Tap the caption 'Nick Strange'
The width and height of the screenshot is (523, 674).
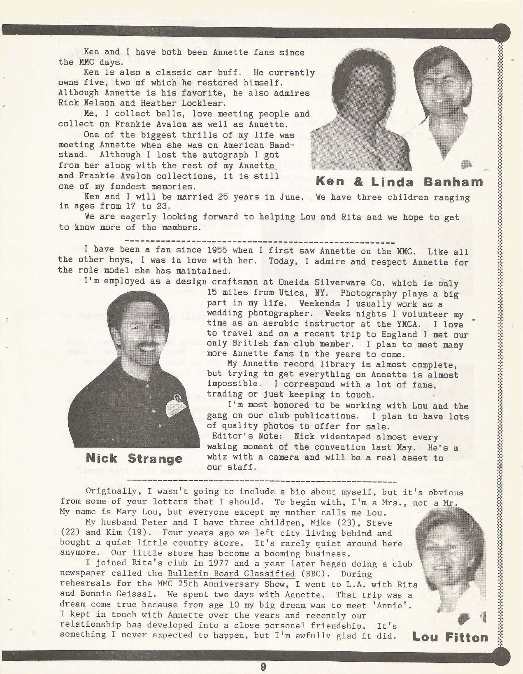coord(134,458)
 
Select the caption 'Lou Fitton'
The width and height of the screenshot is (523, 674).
coord(450,637)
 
